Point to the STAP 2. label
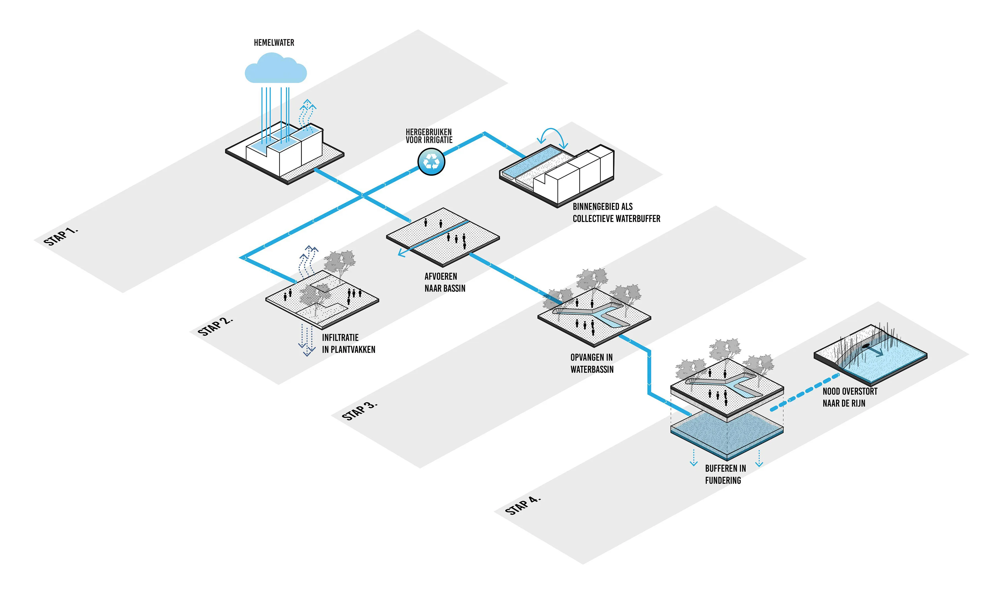point(215,326)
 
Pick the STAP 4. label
point(523,505)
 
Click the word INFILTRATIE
point(340,337)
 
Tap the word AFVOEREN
point(441,276)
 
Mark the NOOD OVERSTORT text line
point(850,391)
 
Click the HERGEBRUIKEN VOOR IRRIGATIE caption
point(429,136)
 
